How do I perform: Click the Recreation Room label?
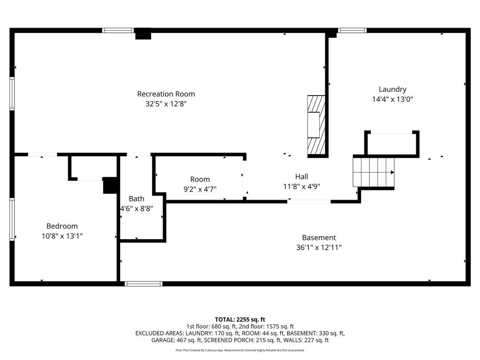pos(166,94)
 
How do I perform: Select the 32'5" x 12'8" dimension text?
pos(166,104)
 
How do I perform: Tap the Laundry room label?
pos(392,89)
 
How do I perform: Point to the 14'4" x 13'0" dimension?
pos(392,99)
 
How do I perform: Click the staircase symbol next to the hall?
pos(374,172)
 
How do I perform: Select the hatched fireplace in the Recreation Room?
pos(315,126)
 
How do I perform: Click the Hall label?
pos(301,176)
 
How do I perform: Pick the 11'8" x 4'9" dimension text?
pos(301,186)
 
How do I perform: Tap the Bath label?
pos(136,199)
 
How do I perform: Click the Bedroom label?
pos(62,226)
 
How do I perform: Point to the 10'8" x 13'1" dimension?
pos(62,236)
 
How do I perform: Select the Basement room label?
pos(319,238)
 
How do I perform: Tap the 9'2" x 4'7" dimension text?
pos(200,189)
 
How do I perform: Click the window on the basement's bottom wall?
pos(143,284)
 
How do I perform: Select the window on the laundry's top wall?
pos(352,30)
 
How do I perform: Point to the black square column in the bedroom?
pos(110,185)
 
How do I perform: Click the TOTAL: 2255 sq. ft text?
pos(240,320)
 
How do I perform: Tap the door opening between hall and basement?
pos(309,202)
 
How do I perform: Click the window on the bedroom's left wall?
pos(12,219)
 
